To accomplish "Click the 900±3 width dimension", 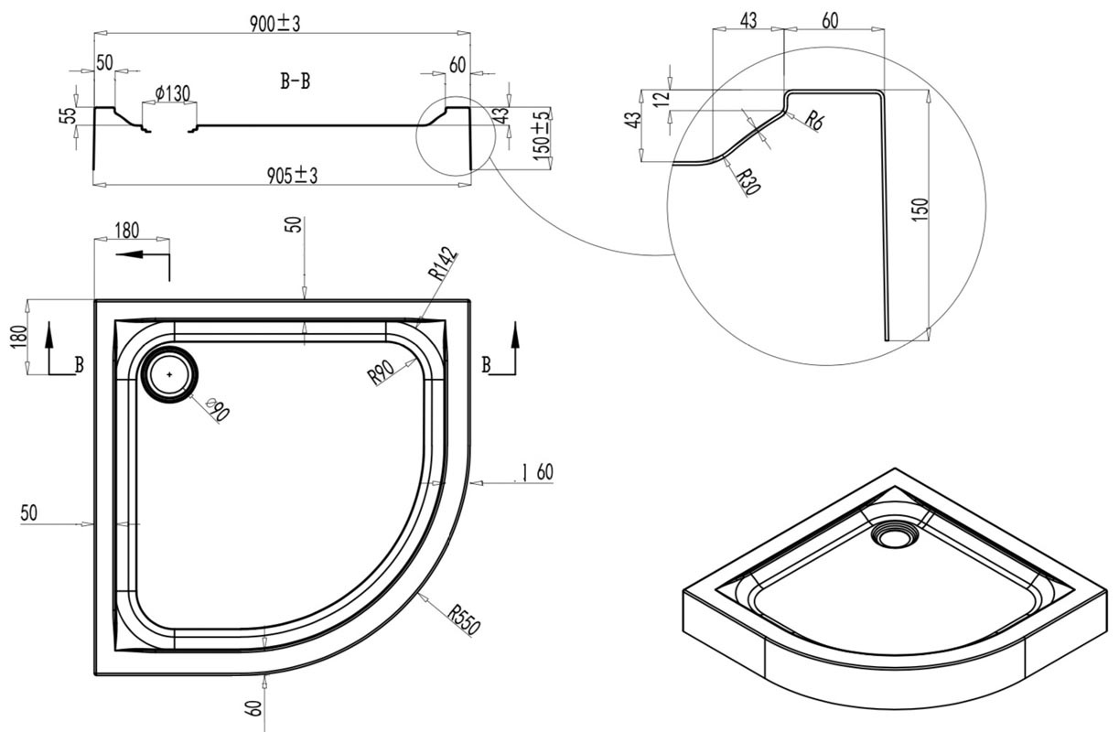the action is [274, 24].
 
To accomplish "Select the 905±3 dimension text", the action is [292, 176].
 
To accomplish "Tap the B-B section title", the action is [296, 81].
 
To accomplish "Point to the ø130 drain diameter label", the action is [172, 93].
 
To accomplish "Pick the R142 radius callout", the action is [443, 264].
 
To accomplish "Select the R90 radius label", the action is [381, 372].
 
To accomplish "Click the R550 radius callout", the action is [464, 620].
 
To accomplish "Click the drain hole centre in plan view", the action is [169, 374].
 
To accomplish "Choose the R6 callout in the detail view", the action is [814, 122].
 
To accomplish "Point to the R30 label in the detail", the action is [749, 181].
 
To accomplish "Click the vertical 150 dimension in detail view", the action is [920, 210].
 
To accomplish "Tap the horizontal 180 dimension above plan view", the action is [127, 231].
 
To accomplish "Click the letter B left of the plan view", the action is [79, 365].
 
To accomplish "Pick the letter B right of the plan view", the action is [486, 364].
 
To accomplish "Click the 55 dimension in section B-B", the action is [70, 115].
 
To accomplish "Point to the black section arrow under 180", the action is [143, 254].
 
